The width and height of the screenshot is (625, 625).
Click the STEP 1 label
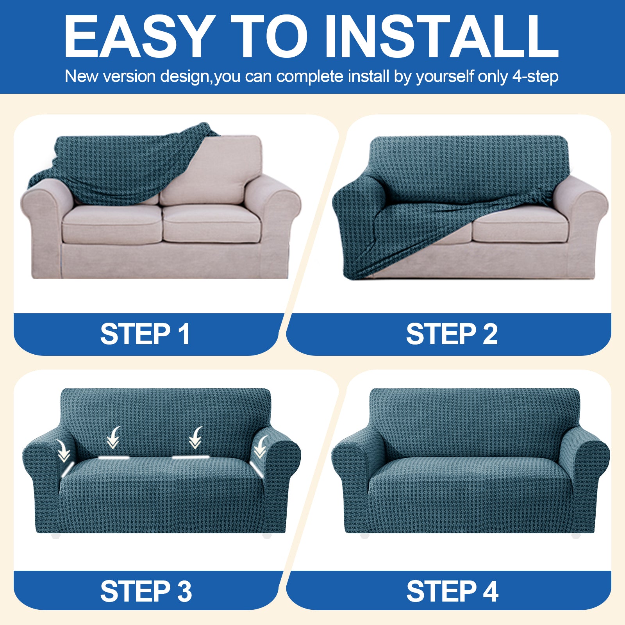pyautogui.click(x=145, y=334)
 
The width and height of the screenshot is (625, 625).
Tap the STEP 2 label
pyautogui.click(x=452, y=334)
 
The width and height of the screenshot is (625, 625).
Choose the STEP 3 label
pyautogui.click(x=146, y=591)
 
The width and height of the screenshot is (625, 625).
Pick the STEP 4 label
pyautogui.click(x=452, y=591)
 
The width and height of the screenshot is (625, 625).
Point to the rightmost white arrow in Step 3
pyautogui.click(x=260, y=447)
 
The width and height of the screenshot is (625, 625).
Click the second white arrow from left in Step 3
pyautogui.click(x=114, y=437)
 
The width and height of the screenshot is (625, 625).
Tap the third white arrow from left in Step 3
pyautogui.click(x=196, y=437)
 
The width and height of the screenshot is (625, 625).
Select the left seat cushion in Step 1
pyautogui.click(x=111, y=225)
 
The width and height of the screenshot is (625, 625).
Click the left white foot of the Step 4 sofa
pyautogui.click(x=364, y=536)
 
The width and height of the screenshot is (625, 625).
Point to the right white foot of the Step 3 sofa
pyautogui.click(x=267, y=536)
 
